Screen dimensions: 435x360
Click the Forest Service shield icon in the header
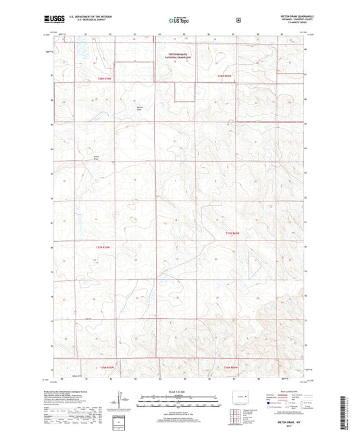[238, 20]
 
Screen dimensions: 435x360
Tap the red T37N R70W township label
[98, 249]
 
